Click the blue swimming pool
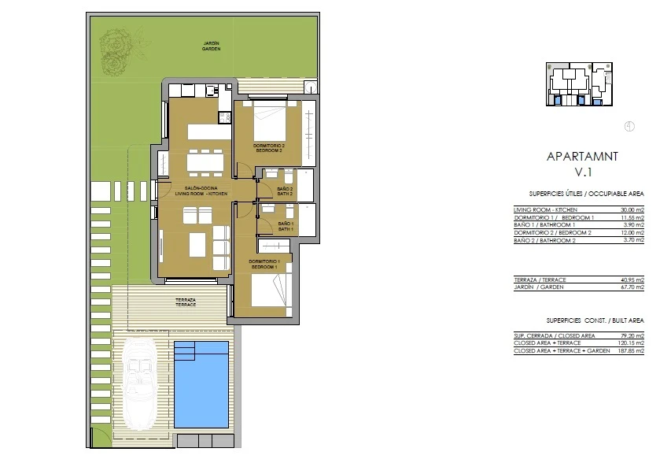click(201, 384)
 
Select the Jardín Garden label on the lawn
click(212, 46)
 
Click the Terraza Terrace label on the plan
click(186, 302)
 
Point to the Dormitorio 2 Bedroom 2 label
click(269, 148)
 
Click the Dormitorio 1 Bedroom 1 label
click(264, 265)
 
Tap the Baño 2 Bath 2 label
click(285, 191)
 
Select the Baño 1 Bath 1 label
click(286, 227)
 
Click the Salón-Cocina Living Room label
click(201, 191)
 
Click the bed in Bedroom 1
click(271, 291)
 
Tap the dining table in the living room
click(205, 162)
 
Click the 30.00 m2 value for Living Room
click(632, 210)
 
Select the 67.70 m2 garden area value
click(632, 287)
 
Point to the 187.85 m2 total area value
click(631, 350)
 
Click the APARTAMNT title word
click(582, 157)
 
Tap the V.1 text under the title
click(583, 172)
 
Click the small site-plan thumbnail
click(580, 84)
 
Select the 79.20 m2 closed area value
click(632, 335)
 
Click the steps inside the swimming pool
click(184, 351)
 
